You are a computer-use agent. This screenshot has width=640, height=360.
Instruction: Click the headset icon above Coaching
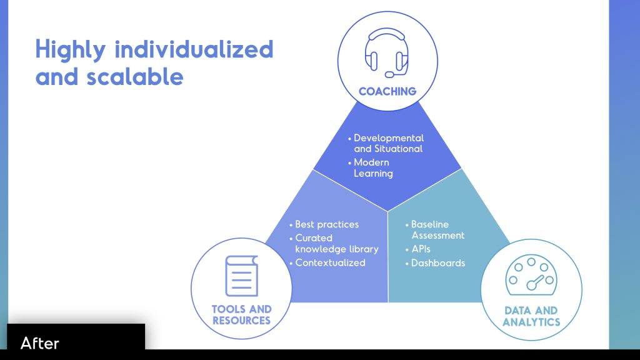tap(386, 52)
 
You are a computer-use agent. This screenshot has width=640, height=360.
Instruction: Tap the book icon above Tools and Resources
tap(242, 276)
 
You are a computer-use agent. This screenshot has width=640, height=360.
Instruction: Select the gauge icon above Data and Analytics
tap(531, 275)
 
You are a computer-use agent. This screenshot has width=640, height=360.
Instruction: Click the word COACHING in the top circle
tap(387, 91)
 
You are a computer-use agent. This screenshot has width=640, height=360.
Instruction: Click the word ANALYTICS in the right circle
tap(531, 322)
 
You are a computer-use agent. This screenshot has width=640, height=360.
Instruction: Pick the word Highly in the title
tap(71, 50)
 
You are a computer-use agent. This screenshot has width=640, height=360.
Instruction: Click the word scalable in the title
tap(135, 76)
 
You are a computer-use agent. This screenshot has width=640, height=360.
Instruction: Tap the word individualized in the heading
tap(194, 49)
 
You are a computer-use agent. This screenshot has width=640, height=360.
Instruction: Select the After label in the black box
tap(39, 343)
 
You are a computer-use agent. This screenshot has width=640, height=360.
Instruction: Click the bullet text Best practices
tap(327, 224)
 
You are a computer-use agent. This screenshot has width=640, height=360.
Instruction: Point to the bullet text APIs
tap(421, 249)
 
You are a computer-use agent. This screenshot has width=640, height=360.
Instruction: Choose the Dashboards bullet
tap(438, 263)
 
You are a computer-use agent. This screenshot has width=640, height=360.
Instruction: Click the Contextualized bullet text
tap(330, 263)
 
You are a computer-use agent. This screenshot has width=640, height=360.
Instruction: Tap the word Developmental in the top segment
tap(389, 138)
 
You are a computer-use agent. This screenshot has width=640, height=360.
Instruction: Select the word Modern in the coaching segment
tap(371, 162)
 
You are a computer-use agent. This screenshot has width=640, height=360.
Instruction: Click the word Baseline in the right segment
tap(430, 224)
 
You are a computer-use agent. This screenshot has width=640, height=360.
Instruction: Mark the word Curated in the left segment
tap(314, 238)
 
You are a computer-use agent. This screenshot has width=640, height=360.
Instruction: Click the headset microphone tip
tap(389, 75)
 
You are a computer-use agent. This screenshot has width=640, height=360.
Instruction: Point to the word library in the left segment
tap(364, 249)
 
